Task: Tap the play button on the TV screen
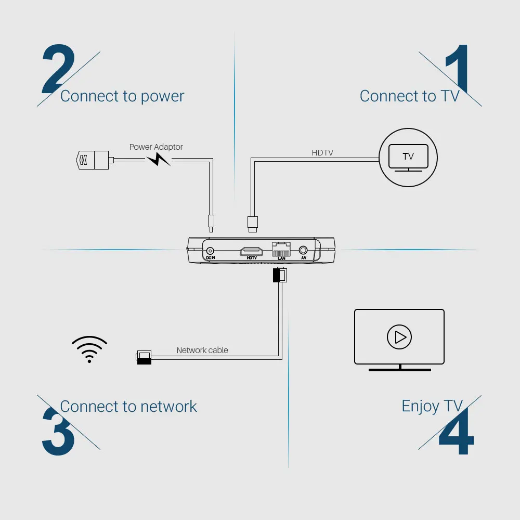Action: [x=399, y=337]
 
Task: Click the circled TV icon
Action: [x=408, y=157]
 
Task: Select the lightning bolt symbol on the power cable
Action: [x=158, y=159]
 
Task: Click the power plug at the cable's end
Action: [x=93, y=160]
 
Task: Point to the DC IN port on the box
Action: [x=211, y=251]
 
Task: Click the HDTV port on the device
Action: [x=251, y=252]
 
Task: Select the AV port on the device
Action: [x=304, y=251]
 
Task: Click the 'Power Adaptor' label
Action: [x=156, y=147]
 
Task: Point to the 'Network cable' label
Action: [x=202, y=350]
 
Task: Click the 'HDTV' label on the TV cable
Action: [x=322, y=153]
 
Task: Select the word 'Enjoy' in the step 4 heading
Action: [x=421, y=406]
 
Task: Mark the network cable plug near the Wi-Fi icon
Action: [x=143, y=357]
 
